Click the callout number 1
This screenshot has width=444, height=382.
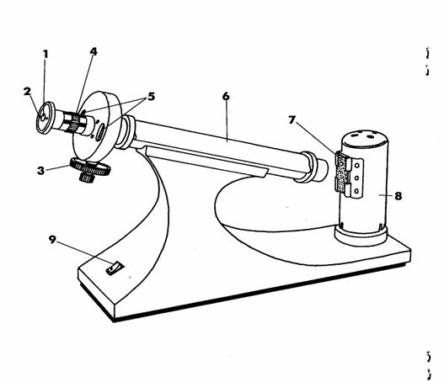(x=45, y=55)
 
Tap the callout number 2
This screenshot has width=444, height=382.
(x=27, y=92)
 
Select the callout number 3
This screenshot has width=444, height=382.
(x=41, y=171)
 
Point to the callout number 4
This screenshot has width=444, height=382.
(x=94, y=51)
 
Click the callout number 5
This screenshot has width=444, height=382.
(x=152, y=97)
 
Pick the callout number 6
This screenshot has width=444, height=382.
(x=226, y=96)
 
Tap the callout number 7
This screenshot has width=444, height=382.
(x=292, y=119)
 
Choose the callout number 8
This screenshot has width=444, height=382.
(x=399, y=196)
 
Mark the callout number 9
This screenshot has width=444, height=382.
(x=52, y=240)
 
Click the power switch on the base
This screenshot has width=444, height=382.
(x=115, y=268)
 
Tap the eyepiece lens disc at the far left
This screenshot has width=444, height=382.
(x=44, y=117)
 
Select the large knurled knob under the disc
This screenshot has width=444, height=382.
(x=89, y=167)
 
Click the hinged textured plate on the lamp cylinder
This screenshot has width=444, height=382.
(x=343, y=173)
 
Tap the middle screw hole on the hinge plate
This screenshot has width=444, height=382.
(x=356, y=178)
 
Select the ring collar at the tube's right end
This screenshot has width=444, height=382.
(x=308, y=167)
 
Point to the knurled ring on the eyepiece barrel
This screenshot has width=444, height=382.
(x=74, y=123)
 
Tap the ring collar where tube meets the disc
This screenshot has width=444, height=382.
(x=126, y=132)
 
